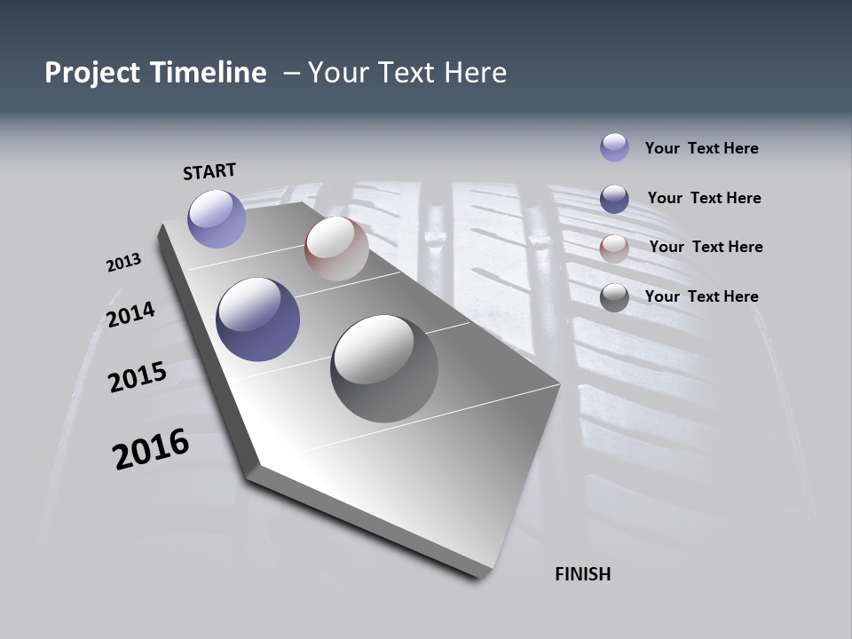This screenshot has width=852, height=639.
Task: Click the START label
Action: [209, 170]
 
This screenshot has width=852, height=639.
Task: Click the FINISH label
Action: [582, 574]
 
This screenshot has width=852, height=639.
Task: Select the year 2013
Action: [123, 263]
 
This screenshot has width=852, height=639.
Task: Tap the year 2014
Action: [130, 314]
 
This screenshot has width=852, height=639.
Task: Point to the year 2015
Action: [138, 377]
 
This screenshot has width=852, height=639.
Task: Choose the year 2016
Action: [151, 449]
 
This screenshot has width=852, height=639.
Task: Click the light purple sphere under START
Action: [217, 218]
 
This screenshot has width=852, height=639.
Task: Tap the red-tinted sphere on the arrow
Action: [336, 248]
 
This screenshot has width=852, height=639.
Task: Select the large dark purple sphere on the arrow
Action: [257, 319]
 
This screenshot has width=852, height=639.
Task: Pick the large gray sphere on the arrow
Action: [383, 367]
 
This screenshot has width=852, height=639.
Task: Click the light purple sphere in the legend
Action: [614, 147]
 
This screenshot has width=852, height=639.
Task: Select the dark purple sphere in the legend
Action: [614, 199]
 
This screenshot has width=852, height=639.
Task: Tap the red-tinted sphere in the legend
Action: [614, 248]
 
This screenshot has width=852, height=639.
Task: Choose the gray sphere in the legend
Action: [614, 297]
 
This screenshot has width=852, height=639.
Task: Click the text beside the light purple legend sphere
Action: [701, 148]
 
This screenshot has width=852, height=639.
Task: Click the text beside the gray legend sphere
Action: [701, 296]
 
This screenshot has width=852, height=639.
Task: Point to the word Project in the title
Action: [92, 73]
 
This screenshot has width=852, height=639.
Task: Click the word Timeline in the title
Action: [210, 73]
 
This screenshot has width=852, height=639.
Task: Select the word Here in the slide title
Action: [475, 73]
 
